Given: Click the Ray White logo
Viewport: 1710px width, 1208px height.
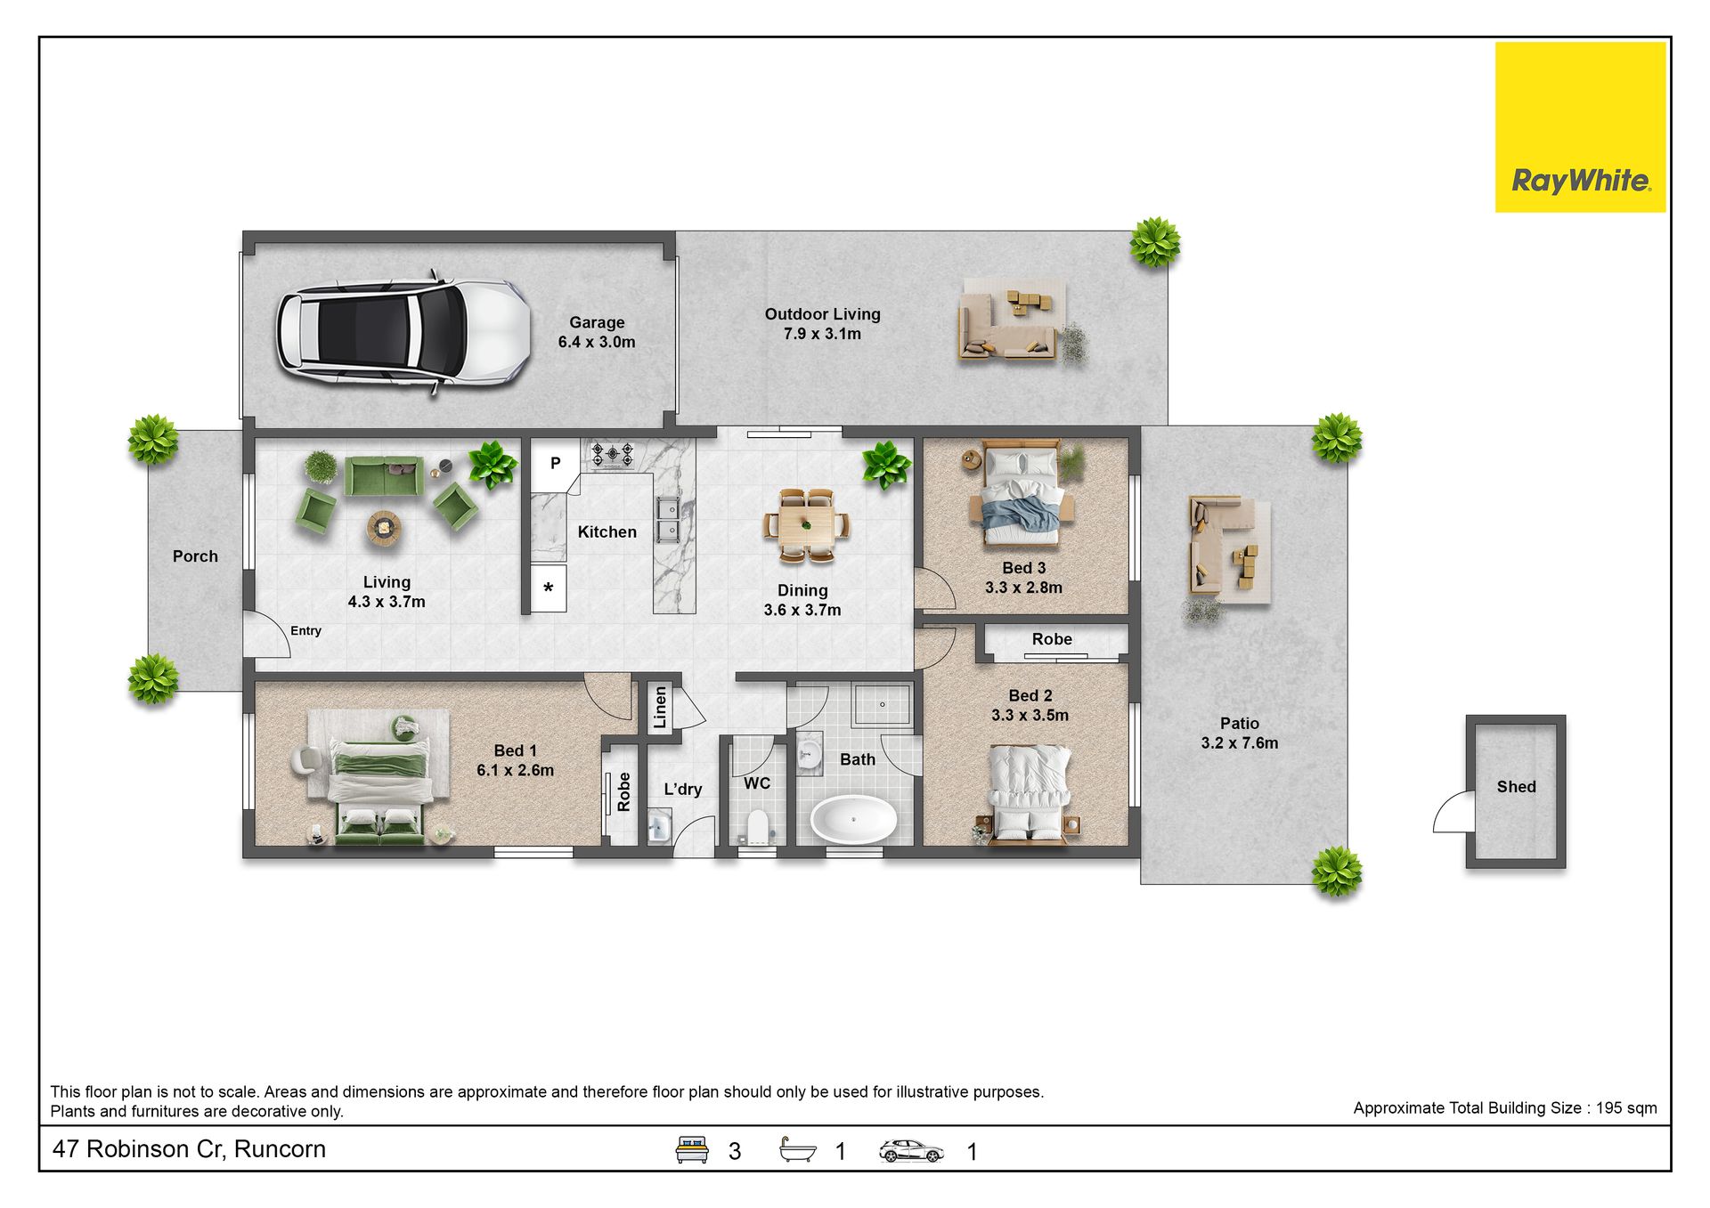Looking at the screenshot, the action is click(1580, 127).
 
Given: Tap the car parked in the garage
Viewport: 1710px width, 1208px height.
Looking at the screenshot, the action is click(403, 331).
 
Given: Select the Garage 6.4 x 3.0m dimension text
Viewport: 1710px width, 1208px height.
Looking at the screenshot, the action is click(597, 342).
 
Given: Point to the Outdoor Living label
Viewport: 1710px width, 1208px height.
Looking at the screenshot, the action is click(822, 314).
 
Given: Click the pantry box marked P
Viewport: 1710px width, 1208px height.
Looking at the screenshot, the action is click(555, 464).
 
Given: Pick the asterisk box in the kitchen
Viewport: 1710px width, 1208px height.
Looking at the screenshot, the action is click(549, 588).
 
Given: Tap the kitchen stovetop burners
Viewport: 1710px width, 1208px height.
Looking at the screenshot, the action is click(613, 455).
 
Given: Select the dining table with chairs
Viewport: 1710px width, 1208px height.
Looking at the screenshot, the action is click(806, 525).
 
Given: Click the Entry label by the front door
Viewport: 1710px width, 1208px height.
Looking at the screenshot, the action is click(305, 631).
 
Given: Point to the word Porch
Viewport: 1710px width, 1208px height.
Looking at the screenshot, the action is click(195, 556).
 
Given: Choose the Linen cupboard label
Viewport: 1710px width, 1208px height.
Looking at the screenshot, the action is click(660, 708).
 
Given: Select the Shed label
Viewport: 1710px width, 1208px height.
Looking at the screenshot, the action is click(1516, 787).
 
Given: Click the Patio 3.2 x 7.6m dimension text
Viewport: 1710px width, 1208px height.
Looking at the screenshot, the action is click(1239, 743).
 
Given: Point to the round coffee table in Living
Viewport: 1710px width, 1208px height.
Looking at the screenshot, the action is click(384, 528).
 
